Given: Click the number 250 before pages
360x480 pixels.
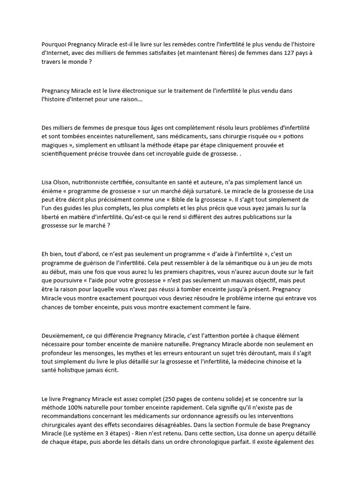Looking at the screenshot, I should click(168, 399).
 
